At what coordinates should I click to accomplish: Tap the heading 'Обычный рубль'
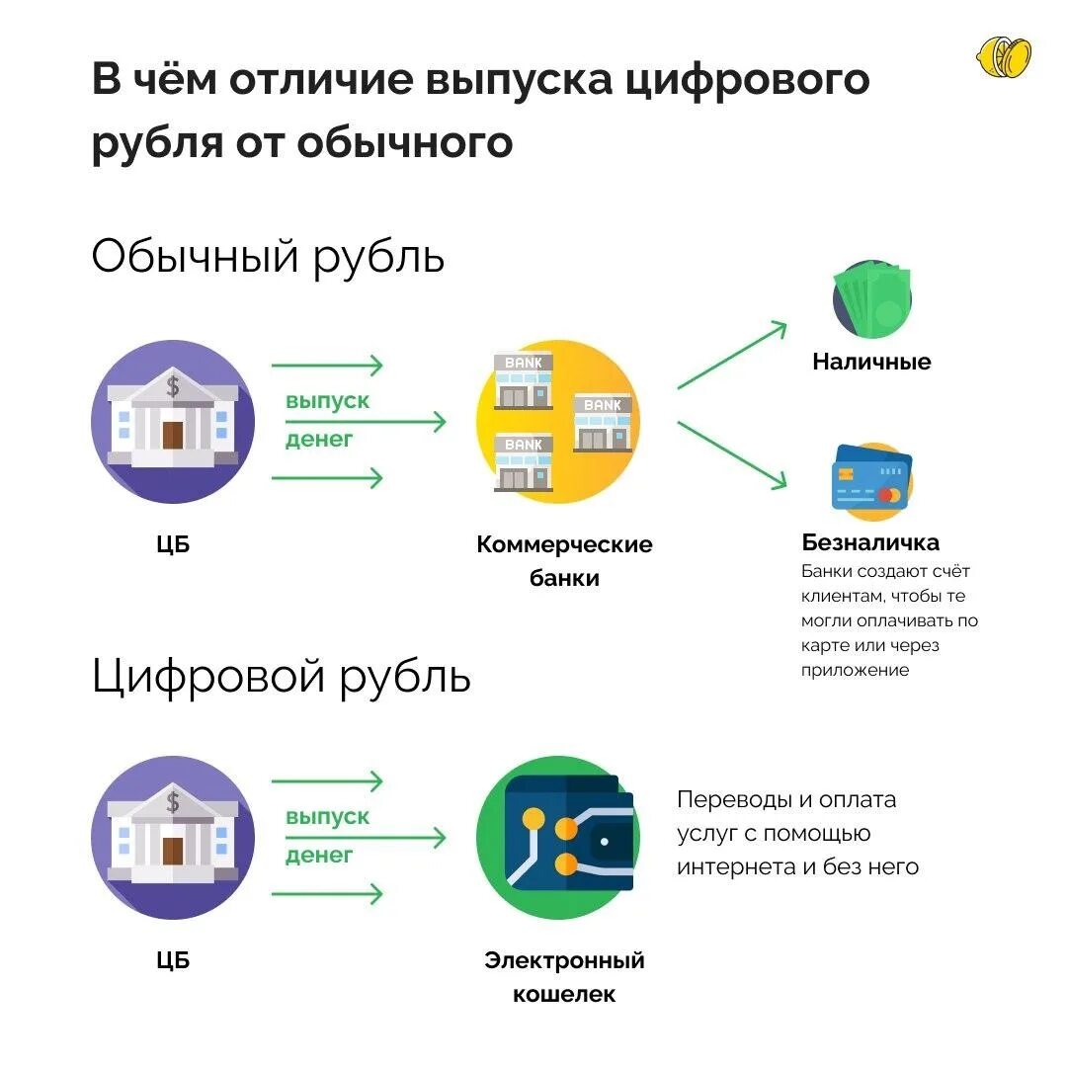[x=268, y=258]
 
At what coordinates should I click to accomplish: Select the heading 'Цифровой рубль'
[x=281, y=678]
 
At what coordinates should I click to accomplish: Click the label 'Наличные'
[x=871, y=362]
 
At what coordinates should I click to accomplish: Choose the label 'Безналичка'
[x=870, y=542]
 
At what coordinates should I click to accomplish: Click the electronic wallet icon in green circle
[x=558, y=838]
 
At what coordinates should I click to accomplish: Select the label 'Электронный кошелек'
[x=564, y=977]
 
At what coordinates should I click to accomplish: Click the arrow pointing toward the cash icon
[x=732, y=355]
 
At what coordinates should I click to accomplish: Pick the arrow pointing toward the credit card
[x=732, y=453]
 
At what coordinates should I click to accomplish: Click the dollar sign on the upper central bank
[x=173, y=385]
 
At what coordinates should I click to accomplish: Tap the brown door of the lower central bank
[x=173, y=851]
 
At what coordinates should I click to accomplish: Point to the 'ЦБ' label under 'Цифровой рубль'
[x=173, y=959]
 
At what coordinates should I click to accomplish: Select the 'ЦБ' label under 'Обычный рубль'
[x=173, y=543]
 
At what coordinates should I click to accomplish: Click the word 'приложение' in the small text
[x=855, y=670]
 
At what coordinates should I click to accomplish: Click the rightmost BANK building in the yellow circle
[x=603, y=422]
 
